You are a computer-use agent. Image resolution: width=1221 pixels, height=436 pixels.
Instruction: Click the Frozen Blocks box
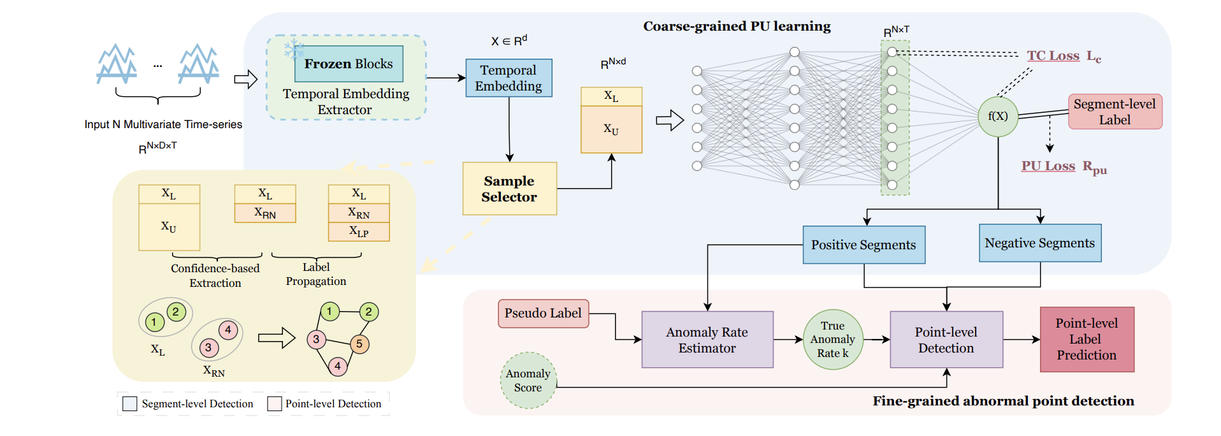click(x=349, y=64)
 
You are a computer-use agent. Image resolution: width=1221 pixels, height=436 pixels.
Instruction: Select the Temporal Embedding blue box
click(x=509, y=78)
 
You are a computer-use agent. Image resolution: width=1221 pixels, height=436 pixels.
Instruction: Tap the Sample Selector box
click(x=509, y=189)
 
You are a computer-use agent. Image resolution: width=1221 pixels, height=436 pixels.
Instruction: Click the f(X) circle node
click(x=997, y=116)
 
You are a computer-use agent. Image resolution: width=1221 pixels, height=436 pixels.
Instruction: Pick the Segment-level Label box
click(x=1115, y=112)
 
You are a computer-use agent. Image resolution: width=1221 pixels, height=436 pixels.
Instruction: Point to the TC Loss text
click(x=1053, y=56)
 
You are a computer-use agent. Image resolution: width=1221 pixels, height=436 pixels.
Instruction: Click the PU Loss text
click(x=1048, y=166)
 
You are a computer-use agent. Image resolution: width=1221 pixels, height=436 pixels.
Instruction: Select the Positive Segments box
click(x=863, y=245)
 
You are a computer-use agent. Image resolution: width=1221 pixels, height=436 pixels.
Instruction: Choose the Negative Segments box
click(x=1039, y=243)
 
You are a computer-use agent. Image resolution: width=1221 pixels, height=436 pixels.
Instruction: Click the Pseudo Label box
click(x=543, y=314)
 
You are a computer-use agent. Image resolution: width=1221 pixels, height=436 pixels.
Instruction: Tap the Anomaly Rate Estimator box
click(x=707, y=340)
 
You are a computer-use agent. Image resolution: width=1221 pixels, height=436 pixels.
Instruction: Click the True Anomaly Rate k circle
click(x=832, y=340)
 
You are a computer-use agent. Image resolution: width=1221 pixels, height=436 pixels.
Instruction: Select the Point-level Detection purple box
click(x=946, y=340)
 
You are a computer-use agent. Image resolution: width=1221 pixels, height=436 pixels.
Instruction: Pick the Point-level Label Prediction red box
click(x=1087, y=340)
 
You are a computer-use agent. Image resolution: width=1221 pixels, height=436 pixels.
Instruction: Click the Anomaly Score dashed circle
click(x=528, y=381)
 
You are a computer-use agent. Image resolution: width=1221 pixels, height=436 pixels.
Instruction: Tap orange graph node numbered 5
click(x=359, y=344)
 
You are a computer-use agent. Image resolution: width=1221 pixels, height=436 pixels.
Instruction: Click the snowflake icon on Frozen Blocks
click(x=293, y=49)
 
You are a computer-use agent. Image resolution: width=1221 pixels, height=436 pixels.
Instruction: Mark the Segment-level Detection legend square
click(x=130, y=403)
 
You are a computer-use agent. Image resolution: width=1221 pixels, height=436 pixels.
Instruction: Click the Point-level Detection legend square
click(x=275, y=403)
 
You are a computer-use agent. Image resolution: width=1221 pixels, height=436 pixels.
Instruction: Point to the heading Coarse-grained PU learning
click(x=737, y=26)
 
